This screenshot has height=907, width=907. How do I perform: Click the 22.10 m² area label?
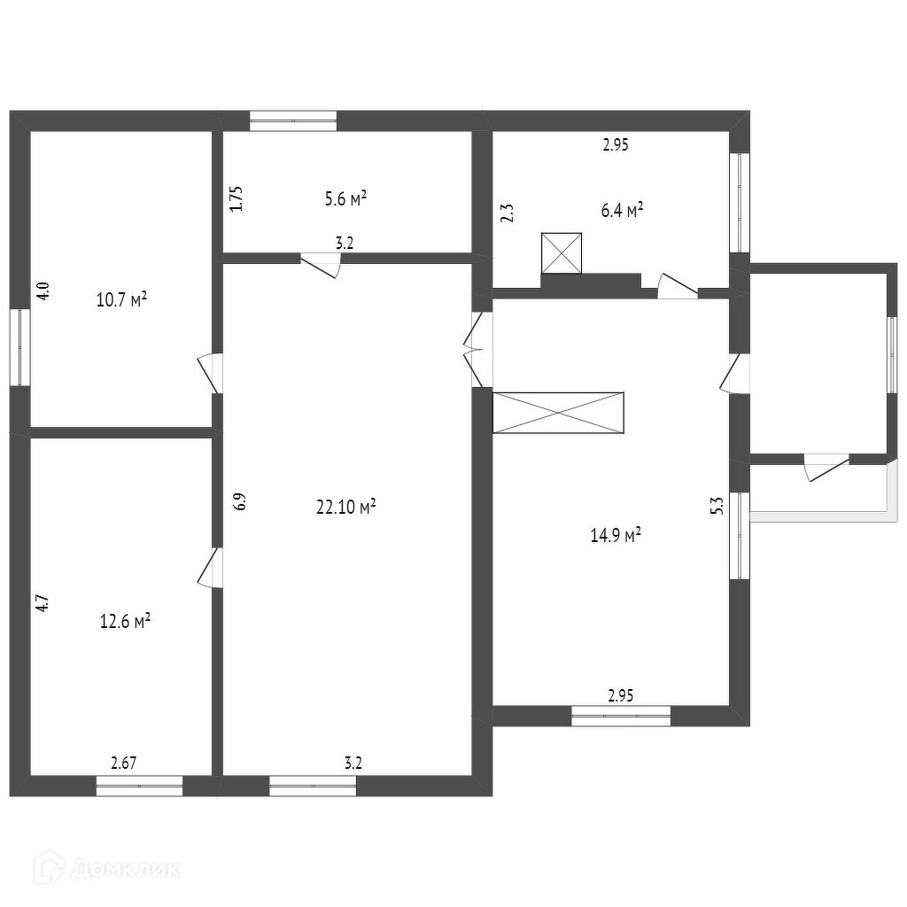pos(346,507)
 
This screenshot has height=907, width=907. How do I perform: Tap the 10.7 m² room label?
pos(121,299)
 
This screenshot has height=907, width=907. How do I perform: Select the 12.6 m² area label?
pos(124,621)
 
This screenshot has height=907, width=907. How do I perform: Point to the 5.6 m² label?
pos(346,199)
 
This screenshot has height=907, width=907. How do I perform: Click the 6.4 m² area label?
pos(622,210)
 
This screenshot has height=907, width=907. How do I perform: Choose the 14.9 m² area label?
pos(615,535)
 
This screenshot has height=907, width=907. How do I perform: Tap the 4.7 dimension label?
pos(42,605)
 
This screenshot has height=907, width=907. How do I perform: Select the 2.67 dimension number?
pos(125,762)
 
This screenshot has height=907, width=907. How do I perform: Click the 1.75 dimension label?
pos(236,198)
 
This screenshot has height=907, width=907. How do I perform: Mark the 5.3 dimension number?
pos(718,506)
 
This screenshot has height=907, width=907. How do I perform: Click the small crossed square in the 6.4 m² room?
pos(562,253)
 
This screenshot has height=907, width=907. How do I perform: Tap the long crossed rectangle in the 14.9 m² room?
pos(559,413)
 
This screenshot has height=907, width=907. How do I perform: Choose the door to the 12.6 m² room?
pos(209,566)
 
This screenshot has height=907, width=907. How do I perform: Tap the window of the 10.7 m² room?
pos(19,346)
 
